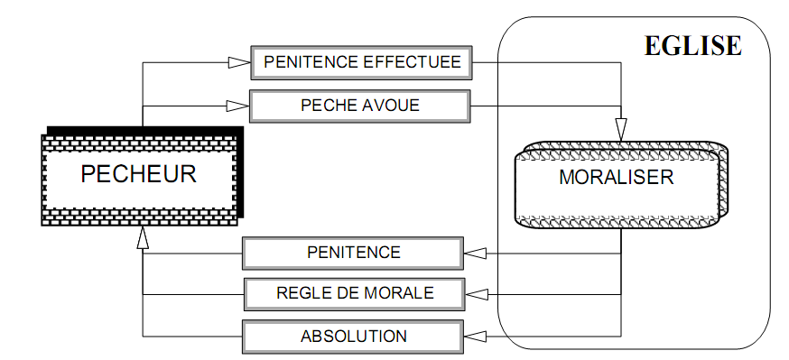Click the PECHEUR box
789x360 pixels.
(139, 173)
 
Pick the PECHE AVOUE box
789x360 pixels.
(360, 106)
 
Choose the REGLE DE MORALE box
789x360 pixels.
(354, 292)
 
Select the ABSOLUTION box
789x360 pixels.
(354, 337)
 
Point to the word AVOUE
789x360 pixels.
(392, 106)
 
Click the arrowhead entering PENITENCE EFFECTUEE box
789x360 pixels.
(238, 63)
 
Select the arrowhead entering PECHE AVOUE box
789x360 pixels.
(238, 106)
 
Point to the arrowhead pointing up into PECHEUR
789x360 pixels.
(143, 236)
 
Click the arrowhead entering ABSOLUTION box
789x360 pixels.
(476, 337)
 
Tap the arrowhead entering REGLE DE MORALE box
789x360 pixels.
(476, 292)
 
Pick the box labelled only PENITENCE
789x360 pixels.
(354, 252)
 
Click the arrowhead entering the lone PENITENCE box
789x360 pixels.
(476, 252)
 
